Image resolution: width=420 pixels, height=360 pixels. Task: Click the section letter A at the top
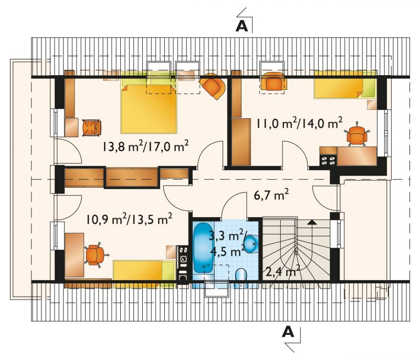(x=241, y=26)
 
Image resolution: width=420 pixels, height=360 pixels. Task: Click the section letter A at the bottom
(x=288, y=332)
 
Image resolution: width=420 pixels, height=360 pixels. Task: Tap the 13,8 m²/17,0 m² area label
(x=145, y=146)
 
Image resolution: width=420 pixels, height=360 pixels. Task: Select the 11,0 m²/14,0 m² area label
(x=299, y=124)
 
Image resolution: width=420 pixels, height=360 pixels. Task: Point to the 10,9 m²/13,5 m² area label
(x=129, y=219)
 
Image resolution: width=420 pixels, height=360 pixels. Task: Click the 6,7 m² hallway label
(x=271, y=195)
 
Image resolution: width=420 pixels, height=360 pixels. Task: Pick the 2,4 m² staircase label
(x=282, y=271)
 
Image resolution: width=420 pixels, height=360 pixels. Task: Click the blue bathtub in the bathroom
(x=203, y=247)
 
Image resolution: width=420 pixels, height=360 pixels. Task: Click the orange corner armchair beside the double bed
(x=213, y=86)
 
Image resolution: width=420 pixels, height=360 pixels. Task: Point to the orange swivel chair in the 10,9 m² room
(x=96, y=255)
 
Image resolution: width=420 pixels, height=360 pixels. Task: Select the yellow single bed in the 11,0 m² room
(x=345, y=85)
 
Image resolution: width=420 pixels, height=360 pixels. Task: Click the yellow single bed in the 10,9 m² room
(x=144, y=273)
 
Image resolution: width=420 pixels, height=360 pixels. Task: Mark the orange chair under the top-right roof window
(x=272, y=81)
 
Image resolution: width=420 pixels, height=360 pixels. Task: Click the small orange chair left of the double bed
(x=92, y=128)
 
